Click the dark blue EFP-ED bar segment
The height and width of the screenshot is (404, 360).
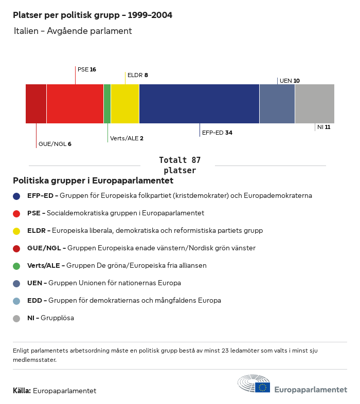[199, 104]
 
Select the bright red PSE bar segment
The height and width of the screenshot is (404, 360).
[75, 104]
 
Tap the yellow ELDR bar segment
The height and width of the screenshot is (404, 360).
[125, 104]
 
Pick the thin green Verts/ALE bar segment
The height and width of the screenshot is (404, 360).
[107, 104]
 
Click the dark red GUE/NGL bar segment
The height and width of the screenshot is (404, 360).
[36, 104]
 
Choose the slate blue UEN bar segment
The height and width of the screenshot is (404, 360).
[277, 104]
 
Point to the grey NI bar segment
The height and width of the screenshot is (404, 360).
[315, 104]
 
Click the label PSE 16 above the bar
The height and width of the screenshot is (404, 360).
[87, 69]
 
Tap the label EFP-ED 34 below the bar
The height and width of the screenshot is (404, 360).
[217, 133]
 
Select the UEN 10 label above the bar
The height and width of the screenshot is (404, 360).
[290, 81]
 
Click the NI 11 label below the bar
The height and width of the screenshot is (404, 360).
[323, 127]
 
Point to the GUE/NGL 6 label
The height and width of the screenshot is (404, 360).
[55, 144]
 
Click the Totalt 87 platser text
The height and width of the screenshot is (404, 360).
[179, 165]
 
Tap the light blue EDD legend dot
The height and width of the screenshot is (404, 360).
[16, 301]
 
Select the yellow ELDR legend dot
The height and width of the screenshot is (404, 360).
[16, 231]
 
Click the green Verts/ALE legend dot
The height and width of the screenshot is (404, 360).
[16, 266]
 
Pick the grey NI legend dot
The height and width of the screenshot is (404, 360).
[16, 318]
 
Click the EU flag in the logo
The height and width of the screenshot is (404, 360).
[263, 387]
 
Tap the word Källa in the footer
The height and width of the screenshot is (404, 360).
[22, 391]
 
